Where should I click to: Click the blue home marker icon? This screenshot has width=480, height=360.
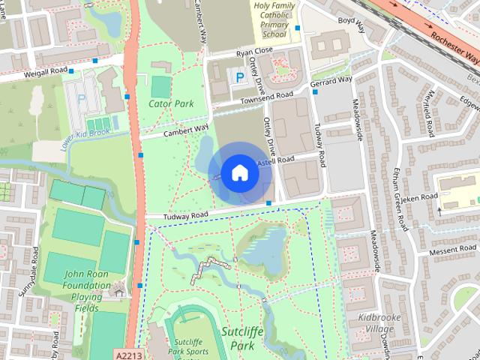pyautogui.click(x=239, y=172)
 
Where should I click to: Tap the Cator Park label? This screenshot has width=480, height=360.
pyautogui.click(x=171, y=103)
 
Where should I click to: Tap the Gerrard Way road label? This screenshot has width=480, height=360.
pyautogui.click(x=331, y=79)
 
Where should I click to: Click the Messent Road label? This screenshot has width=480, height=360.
pyautogui.click(x=452, y=250)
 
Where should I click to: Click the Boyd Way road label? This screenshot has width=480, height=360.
pyautogui.click(x=351, y=25)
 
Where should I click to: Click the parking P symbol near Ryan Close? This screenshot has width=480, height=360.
pyautogui.click(x=240, y=76)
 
